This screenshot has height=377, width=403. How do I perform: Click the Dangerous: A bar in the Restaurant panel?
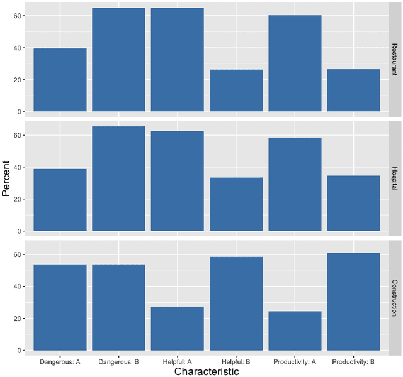click(x=60, y=80)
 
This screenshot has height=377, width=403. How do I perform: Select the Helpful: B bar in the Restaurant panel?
click(x=236, y=90)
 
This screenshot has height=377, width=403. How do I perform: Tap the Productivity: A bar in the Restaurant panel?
click(x=295, y=63)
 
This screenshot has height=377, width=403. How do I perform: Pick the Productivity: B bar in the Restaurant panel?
click(x=353, y=90)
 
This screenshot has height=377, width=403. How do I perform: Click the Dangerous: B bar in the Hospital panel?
click(x=118, y=178)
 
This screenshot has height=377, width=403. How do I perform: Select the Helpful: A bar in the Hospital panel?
click(x=178, y=181)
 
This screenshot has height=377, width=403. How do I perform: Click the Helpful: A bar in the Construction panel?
click(x=178, y=328)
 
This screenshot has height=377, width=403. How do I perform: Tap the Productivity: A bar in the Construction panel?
click(x=295, y=331)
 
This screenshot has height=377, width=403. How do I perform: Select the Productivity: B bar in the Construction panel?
click(x=353, y=302)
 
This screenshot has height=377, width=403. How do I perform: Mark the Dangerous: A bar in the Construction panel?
click(x=60, y=307)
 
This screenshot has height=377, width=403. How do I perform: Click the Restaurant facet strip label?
click(x=395, y=59)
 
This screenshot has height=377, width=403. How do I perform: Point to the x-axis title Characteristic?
click(x=207, y=371)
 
